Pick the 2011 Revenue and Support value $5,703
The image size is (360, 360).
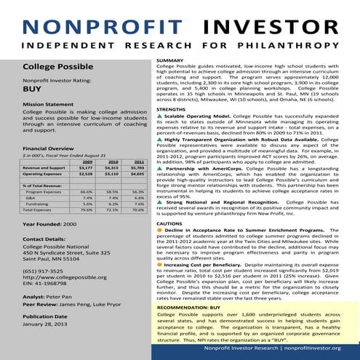point(139,168)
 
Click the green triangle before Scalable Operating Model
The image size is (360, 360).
point(161,116)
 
